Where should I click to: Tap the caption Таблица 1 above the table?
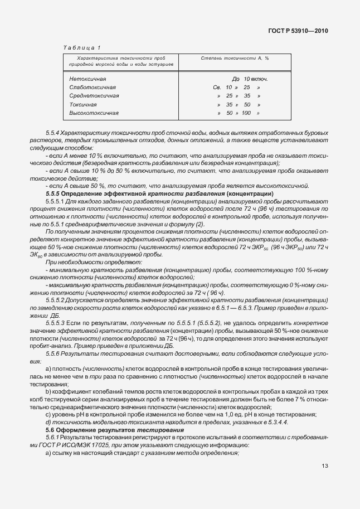82,49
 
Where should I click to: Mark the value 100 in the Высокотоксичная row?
246,113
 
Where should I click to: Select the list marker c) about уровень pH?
48,414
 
